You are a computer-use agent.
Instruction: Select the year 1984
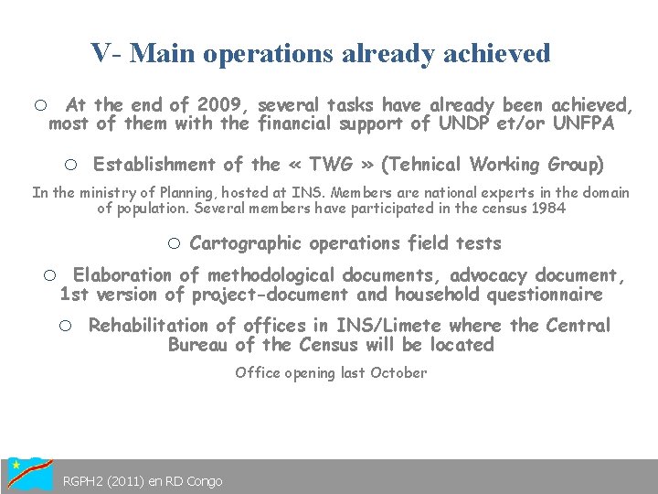(545, 209)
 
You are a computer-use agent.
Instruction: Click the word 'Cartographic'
(246, 243)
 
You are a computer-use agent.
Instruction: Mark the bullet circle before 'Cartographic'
(175, 243)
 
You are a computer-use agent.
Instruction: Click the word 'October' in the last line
(398, 372)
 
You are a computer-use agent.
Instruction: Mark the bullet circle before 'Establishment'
(69, 166)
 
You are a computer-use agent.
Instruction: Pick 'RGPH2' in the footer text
(84, 481)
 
